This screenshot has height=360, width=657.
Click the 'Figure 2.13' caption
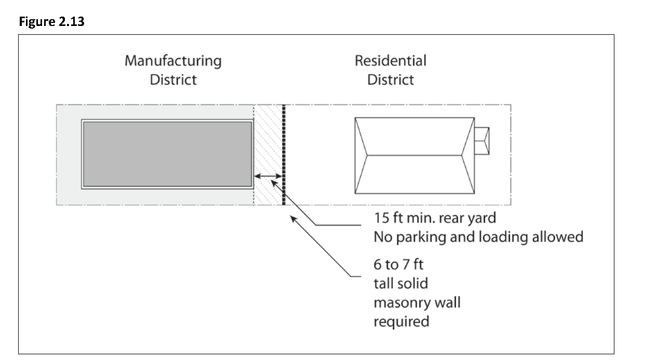pyautogui.click(x=51, y=22)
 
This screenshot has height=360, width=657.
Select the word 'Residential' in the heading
pyautogui.click(x=391, y=61)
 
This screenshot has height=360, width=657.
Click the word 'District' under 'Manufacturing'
pyautogui.click(x=173, y=79)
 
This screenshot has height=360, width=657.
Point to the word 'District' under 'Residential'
pyautogui.click(x=391, y=79)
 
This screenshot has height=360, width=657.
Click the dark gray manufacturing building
pyautogui.click(x=167, y=154)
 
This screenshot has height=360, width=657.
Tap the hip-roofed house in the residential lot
pyautogui.click(x=414, y=155)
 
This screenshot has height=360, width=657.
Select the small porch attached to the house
pyautogui.click(x=482, y=141)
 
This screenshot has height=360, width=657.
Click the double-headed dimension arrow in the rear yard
pyautogui.click(x=268, y=176)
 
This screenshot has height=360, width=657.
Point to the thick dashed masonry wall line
pyautogui.click(x=284, y=155)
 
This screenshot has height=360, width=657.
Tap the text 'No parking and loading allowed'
pyautogui.click(x=478, y=237)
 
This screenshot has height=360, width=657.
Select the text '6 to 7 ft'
pyautogui.click(x=398, y=264)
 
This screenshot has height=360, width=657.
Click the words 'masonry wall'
pyautogui.click(x=417, y=303)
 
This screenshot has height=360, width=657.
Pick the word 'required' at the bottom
pyautogui.click(x=401, y=322)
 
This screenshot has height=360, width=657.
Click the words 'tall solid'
pyautogui.click(x=401, y=284)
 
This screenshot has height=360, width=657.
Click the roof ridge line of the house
pyautogui.click(x=414, y=155)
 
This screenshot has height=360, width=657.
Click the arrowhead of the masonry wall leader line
pyautogui.click(x=293, y=218)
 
